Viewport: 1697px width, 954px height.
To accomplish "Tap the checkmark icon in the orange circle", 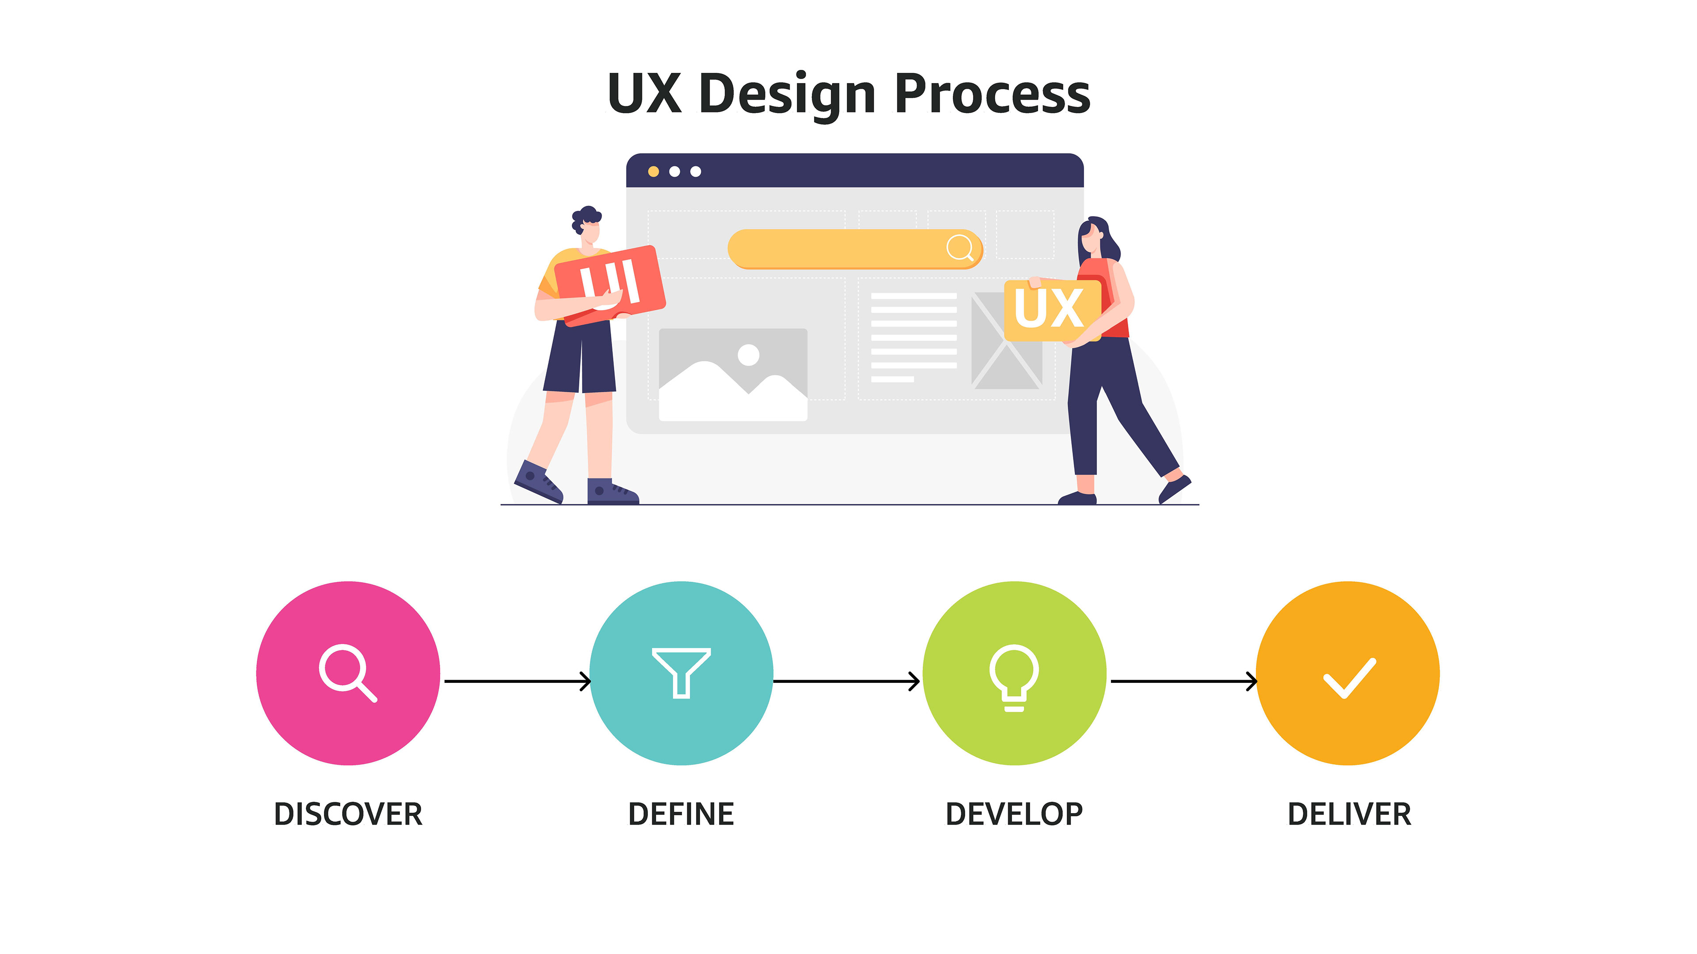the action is pyautogui.click(x=1349, y=678).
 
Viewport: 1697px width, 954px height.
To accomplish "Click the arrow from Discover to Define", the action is pyautogui.click(x=517, y=681).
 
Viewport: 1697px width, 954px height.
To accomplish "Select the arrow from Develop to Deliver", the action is pyautogui.click(x=1183, y=681).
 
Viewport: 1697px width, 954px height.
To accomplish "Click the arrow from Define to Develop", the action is pyautogui.click(x=847, y=681).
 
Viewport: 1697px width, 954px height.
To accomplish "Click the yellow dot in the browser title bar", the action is pyautogui.click(x=654, y=172).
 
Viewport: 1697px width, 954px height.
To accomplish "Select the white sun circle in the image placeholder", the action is pyautogui.click(x=748, y=355).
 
